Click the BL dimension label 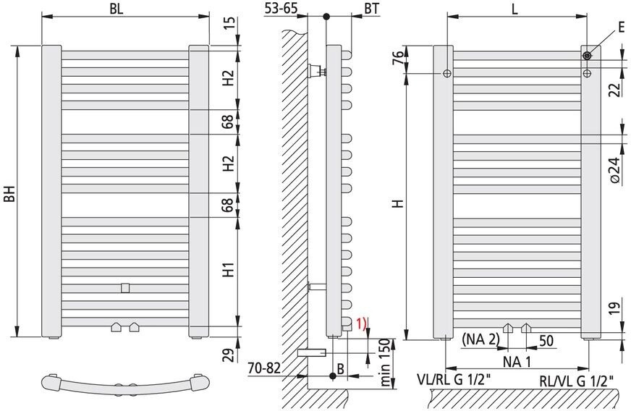point(117,9)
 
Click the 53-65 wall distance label point(280,8)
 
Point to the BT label point(372,9)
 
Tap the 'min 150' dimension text point(386,363)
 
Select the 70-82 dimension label point(264,368)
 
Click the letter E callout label point(622,27)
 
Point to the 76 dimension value point(397,59)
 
